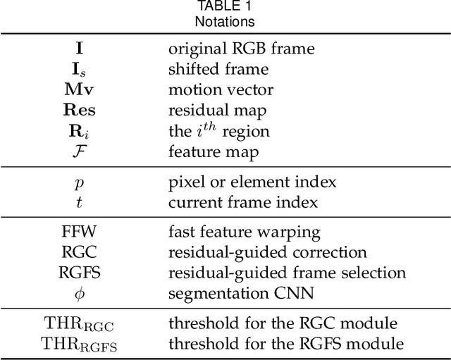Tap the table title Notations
pyautogui.click(x=225, y=21)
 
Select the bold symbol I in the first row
pyautogui.click(x=79, y=49)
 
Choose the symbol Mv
pyautogui.click(x=79, y=89)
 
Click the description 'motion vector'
pyautogui.click(x=221, y=89)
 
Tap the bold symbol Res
pyautogui.click(x=79, y=110)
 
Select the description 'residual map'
pyautogui.click(x=216, y=110)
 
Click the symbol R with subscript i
pyautogui.click(x=79, y=130)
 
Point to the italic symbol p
pyautogui.click(x=79, y=183)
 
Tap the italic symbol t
pyautogui.click(x=79, y=203)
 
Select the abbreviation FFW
pyautogui.click(x=79, y=232)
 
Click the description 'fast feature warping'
pyautogui.click(x=244, y=232)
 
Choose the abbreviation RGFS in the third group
pyautogui.click(x=79, y=272)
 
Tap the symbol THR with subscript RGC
pyautogui.click(x=79, y=324)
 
